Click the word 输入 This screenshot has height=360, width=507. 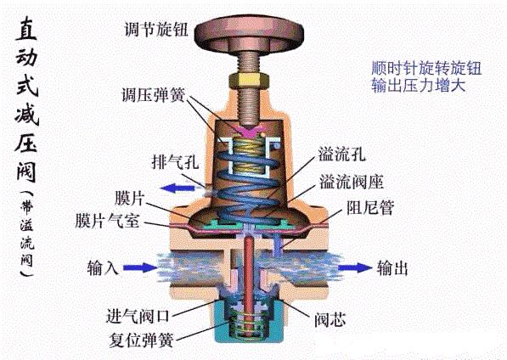(x=104, y=268)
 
